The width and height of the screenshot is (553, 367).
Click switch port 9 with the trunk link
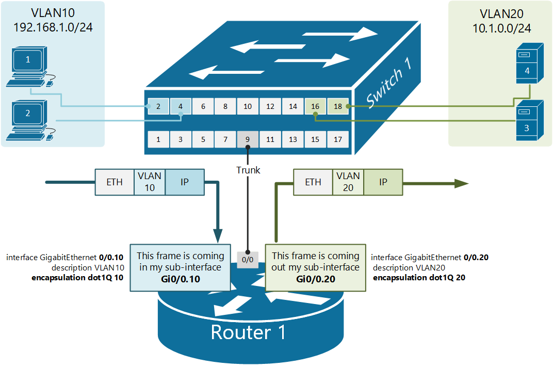coord(248,139)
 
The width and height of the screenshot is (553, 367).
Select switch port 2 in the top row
coord(158,106)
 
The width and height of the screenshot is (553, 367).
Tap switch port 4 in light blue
coord(181,106)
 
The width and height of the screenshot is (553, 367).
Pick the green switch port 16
coord(315,106)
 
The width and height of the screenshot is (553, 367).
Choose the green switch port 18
coord(338,106)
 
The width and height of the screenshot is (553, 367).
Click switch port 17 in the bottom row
coord(338,139)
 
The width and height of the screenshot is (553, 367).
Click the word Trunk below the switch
coord(248,170)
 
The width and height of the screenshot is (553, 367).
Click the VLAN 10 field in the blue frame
coord(150,182)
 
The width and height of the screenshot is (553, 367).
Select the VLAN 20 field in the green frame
coord(348,182)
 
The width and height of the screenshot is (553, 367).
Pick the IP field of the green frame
coord(383,182)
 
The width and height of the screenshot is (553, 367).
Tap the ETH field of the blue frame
coord(115,182)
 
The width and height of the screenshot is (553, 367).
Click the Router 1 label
coord(248,332)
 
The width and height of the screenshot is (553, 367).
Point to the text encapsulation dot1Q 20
coord(416,278)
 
